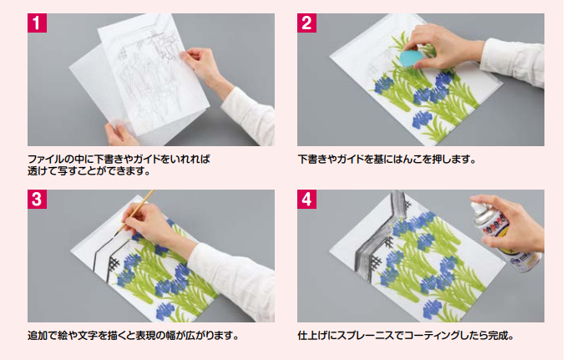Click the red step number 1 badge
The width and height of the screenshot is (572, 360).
[x=37, y=23]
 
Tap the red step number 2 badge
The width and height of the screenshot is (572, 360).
[x=306, y=23]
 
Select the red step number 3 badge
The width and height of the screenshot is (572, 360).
[x=37, y=199]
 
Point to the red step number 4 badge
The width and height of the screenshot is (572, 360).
[x=306, y=199]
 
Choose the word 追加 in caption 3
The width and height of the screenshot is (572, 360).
[x=38, y=336]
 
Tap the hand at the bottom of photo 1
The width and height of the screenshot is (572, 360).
[x=119, y=134]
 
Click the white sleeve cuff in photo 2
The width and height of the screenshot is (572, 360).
[x=513, y=60]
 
